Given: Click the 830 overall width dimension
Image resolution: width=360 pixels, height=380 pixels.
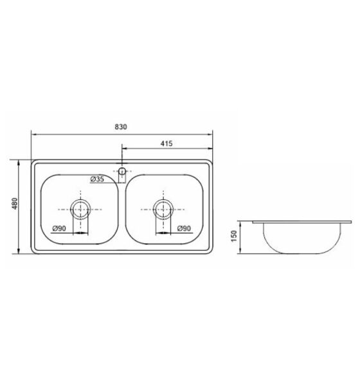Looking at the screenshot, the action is coord(121,127).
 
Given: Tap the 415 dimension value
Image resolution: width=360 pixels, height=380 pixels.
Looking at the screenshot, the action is coord(166,143).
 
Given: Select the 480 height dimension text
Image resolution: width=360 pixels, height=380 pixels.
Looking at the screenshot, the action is coord(15,204).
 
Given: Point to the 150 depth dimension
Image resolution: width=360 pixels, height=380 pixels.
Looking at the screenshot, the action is coord(234,236).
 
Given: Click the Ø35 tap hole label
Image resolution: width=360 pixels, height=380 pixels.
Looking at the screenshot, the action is coord(97,179).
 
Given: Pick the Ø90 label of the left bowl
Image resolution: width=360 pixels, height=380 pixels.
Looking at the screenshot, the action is coord(59,228).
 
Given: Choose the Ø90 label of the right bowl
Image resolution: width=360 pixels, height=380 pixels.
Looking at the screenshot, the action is coord(184,228).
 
